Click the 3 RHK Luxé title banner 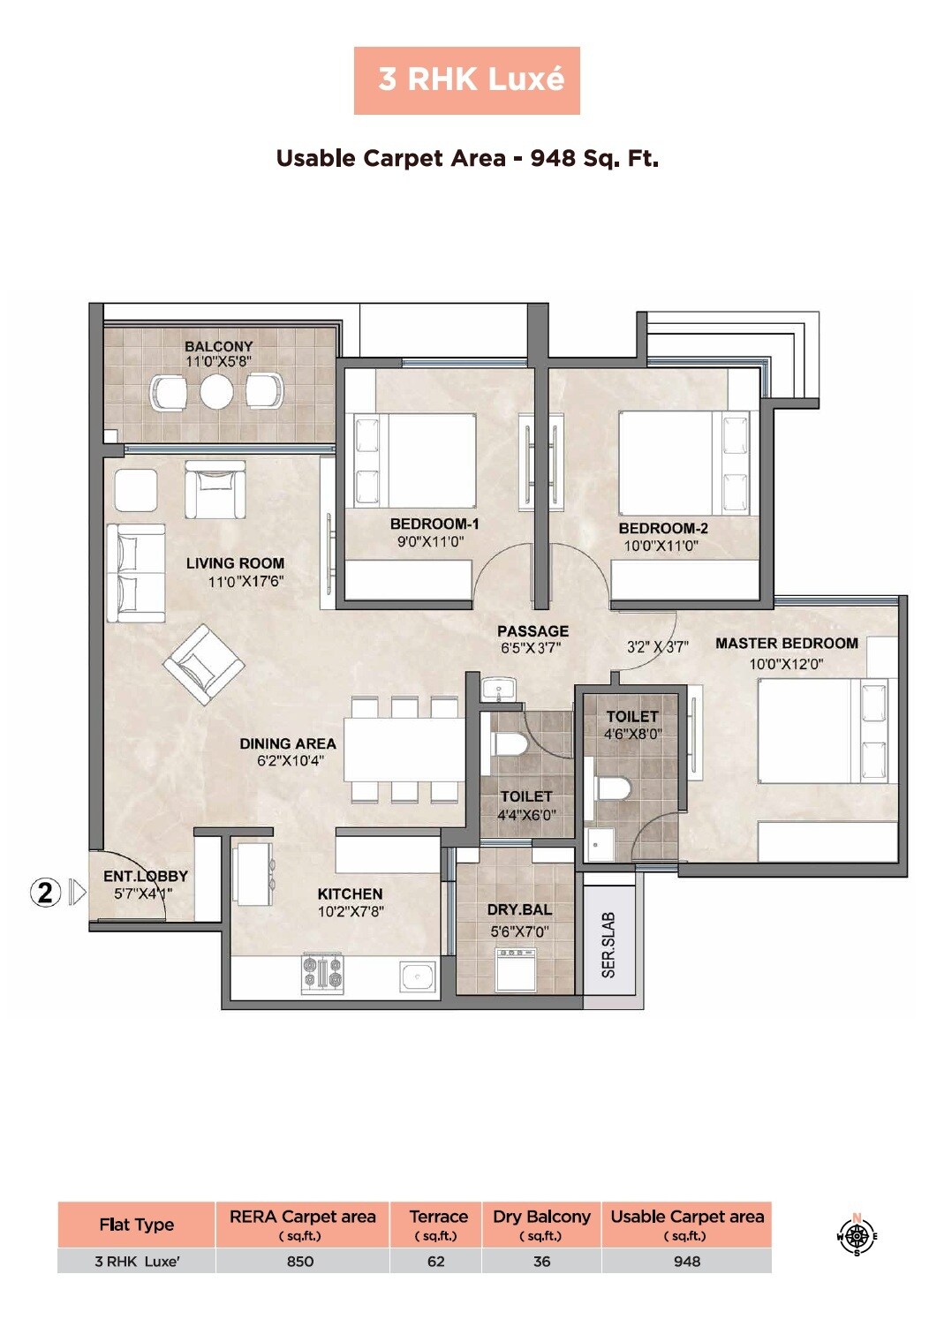466,80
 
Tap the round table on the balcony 216,392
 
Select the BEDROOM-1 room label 434,524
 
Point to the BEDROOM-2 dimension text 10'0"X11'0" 661,546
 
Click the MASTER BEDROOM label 786,644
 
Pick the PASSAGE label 532,631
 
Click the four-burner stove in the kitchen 322,971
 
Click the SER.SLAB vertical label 608,945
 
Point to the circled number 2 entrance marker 45,893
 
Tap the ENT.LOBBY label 145,876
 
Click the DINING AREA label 288,743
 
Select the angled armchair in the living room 204,664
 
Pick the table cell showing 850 300,1261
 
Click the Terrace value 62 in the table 436,1261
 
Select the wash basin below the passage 501,690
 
